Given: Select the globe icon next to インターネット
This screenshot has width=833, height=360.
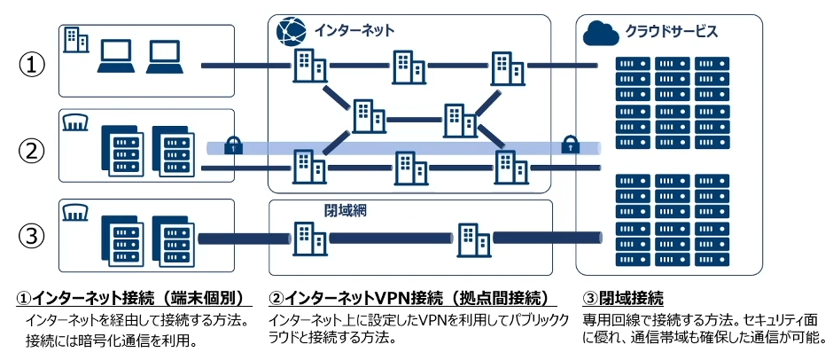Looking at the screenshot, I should (291, 31).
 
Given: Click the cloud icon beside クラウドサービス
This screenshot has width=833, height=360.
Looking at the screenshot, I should (601, 33).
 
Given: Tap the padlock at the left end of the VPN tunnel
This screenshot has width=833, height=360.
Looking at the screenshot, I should (233, 145).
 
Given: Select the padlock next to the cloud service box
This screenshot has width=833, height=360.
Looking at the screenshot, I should (569, 144).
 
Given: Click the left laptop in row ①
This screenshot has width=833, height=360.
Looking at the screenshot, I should (114, 55).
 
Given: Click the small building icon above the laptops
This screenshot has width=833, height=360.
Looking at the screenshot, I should (75, 37).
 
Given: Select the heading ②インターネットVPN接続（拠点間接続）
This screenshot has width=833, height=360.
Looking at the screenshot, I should (409, 297).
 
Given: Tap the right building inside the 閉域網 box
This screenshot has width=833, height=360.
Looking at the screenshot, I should (472, 238).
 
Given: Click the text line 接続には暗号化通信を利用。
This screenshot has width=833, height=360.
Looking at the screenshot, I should (111, 340).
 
